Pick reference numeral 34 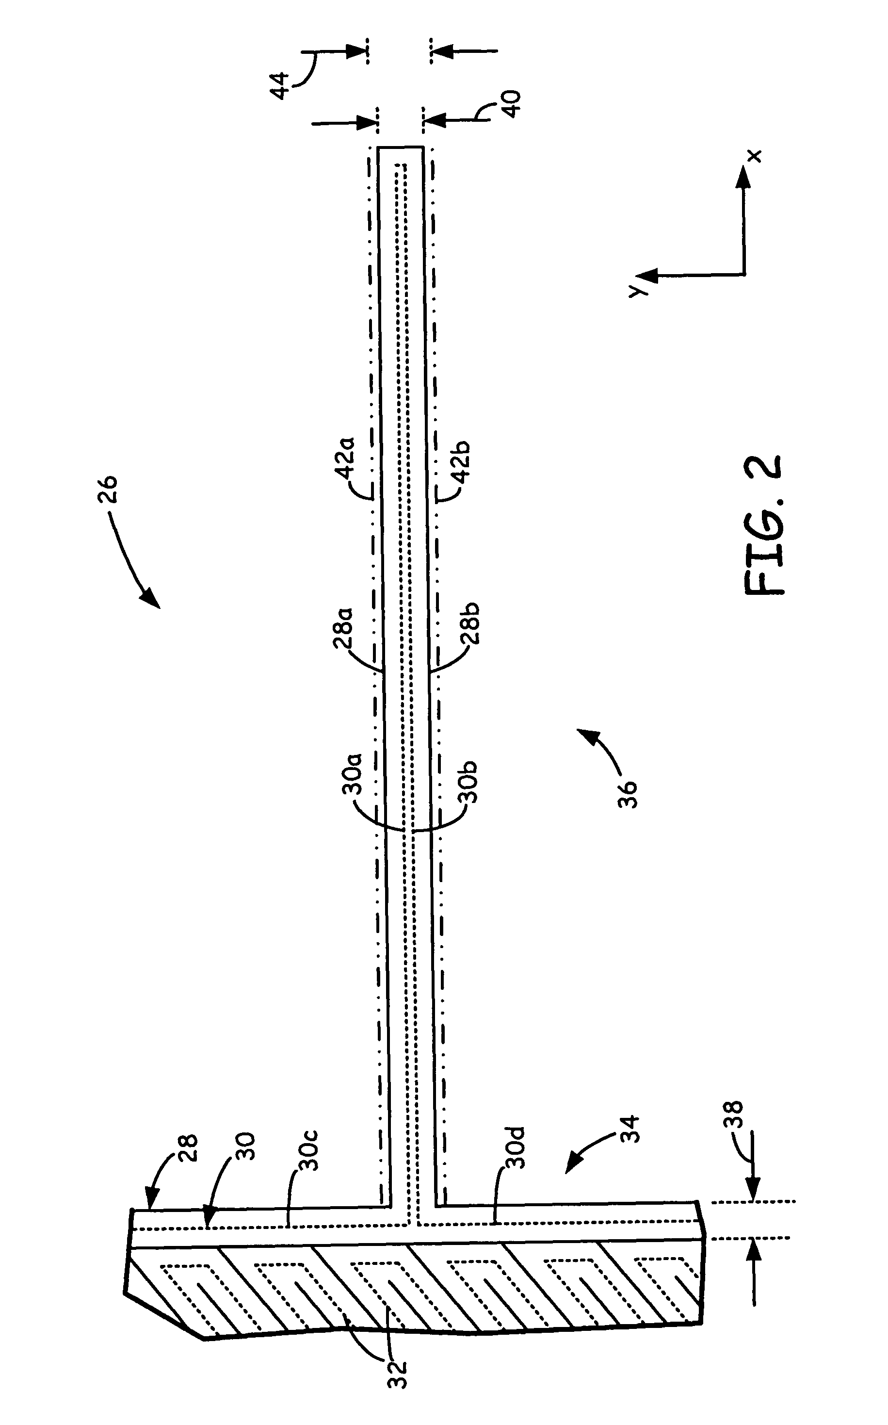[x=629, y=1128]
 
